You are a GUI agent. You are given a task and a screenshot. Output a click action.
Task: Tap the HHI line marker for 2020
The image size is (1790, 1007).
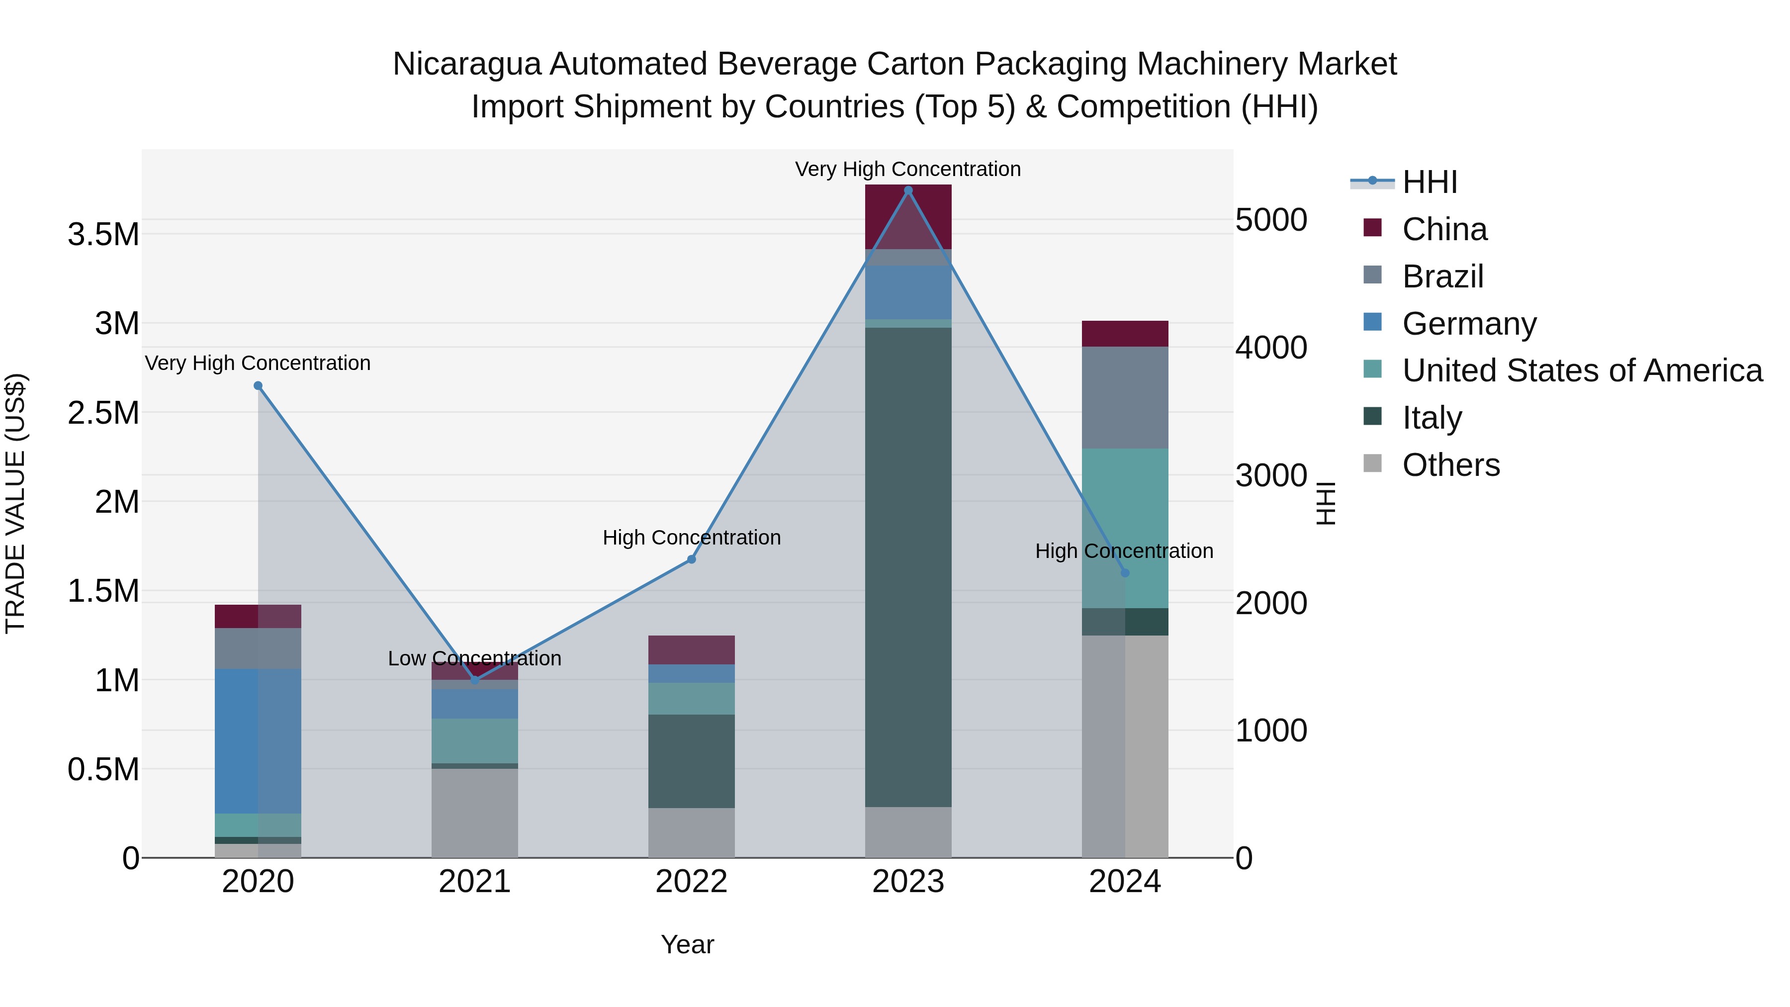click(258, 386)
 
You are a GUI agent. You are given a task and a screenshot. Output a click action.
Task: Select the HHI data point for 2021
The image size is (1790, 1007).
click(475, 680)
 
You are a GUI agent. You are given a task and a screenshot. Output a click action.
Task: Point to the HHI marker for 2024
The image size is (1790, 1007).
click(1125, 573)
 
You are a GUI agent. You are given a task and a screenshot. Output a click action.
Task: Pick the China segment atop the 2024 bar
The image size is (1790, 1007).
click(1125, 334)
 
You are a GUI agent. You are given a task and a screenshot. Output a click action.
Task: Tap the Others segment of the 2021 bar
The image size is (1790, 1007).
click(475, 813)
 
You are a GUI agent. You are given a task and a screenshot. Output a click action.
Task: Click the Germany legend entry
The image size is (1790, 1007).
click(1468, 324)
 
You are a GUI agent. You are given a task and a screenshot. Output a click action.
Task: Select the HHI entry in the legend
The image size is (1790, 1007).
click(1430, 182)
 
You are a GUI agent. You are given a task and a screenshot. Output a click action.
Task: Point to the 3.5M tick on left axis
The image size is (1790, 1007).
click(103, 235)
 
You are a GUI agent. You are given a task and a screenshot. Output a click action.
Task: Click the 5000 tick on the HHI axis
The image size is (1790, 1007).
click(1271, 220)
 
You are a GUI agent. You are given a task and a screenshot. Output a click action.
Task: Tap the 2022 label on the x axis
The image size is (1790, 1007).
click(692, 882)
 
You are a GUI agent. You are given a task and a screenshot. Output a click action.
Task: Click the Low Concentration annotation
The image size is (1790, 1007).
click(475, 658)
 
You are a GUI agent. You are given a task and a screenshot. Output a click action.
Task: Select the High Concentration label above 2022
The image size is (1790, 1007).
click(692, 537)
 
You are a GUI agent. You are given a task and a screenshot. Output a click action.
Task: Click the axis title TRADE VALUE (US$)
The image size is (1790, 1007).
click(15, 503)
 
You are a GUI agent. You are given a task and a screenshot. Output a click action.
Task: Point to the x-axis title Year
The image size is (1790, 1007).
click(687, 944)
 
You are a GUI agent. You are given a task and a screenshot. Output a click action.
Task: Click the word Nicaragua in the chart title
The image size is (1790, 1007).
click(466, 64)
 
